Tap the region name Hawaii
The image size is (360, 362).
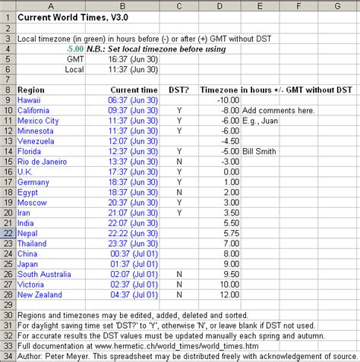30,99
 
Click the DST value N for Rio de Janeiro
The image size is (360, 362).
179,161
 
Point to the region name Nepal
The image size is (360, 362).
27,234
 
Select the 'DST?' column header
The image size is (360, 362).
179,89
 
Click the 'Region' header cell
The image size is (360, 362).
32,89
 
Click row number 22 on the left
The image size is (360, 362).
7,234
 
